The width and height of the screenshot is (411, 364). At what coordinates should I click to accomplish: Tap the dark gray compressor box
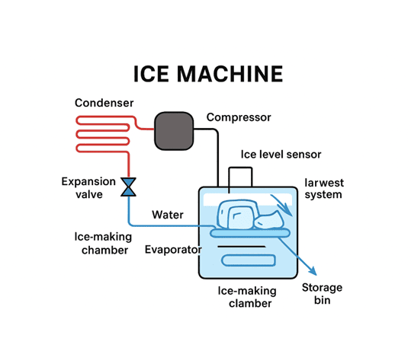point(175,132)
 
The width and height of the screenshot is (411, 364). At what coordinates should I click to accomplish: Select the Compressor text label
point(239,117)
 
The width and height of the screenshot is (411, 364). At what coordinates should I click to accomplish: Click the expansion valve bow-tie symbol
point(128,185)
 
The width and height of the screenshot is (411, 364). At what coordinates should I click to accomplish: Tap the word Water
point(168,215)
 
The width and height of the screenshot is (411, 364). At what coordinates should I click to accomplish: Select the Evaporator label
point(173,250)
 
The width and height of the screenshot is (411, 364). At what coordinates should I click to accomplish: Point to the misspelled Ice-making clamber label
point(247,298)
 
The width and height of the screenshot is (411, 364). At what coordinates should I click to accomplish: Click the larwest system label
point(323,189)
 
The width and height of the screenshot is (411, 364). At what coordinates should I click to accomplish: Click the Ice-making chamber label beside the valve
point(101,243)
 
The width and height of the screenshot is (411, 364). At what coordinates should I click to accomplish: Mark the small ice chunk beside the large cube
point(270,222)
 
